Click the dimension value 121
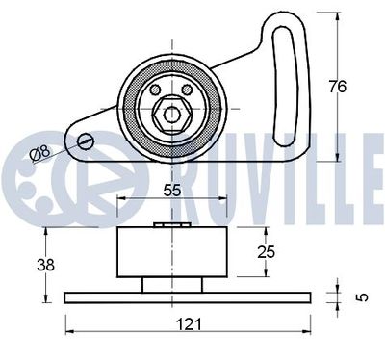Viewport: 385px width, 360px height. pos(191,322)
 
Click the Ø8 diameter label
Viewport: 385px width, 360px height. pos(42,153)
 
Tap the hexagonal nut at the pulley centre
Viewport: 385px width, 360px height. pos(172,113)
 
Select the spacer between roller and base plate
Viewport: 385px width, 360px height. pos(170,284)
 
